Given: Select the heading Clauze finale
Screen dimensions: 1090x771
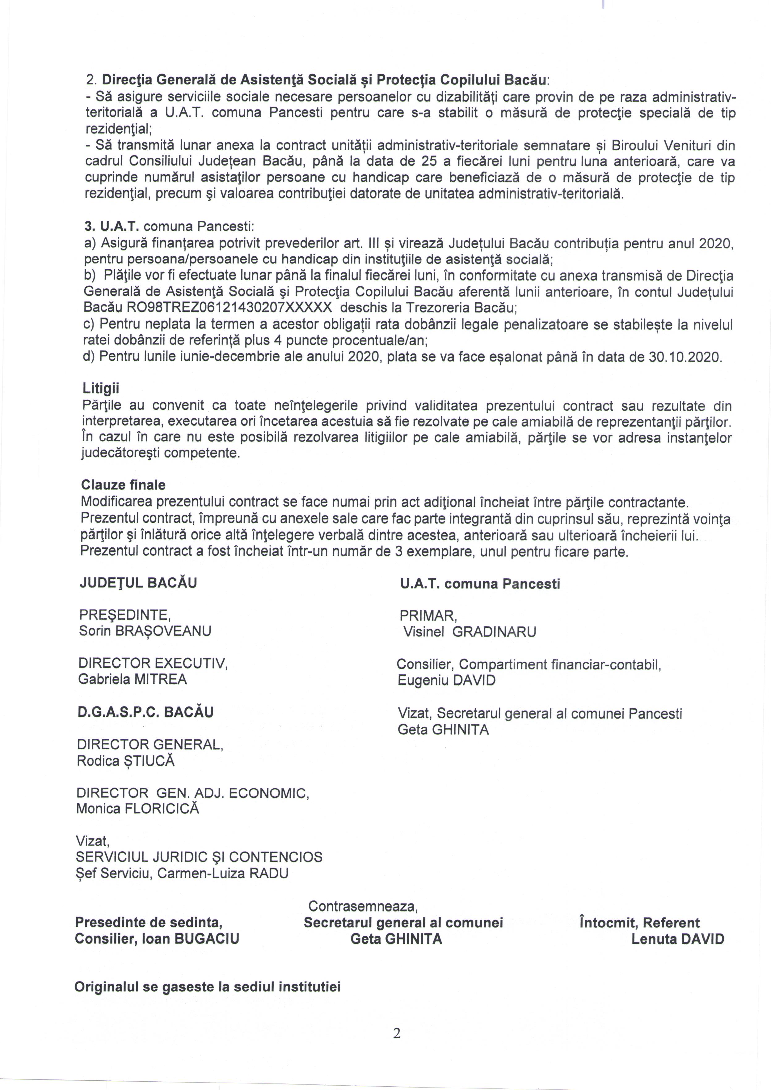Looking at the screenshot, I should tap(124, 485).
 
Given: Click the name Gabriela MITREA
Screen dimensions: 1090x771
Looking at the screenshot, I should tap(133, 679).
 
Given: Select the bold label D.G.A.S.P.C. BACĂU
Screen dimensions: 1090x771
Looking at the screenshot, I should tap(145, 712).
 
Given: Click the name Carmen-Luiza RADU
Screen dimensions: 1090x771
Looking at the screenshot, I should tap(223, 873).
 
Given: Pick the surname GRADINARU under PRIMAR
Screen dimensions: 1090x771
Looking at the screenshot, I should tap(494, 632).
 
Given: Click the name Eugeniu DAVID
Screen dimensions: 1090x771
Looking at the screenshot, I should tap(446, 680).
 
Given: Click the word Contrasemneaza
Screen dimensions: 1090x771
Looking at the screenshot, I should tap(363, 906).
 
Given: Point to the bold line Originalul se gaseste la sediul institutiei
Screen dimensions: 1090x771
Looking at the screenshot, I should tap(208, 987).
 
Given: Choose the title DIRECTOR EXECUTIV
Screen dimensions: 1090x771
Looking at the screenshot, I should tap(153, 663).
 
